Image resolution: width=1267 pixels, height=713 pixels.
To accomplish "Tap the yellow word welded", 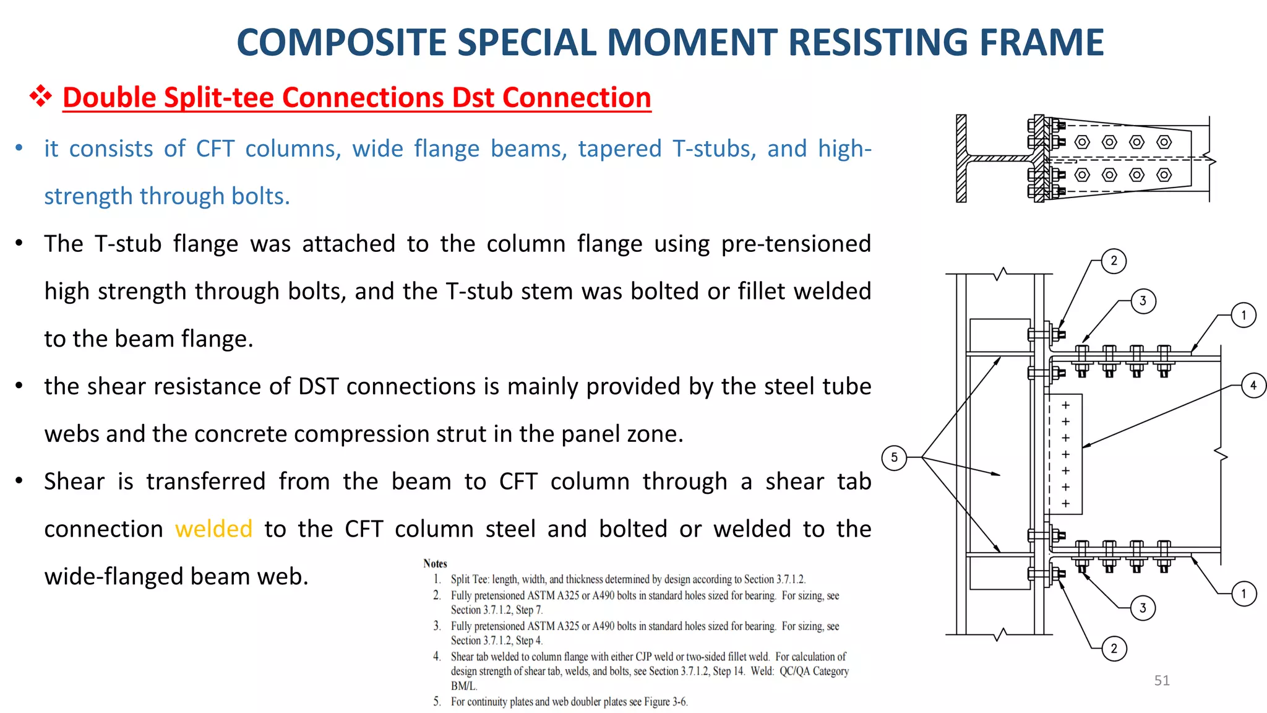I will tap(213, 529).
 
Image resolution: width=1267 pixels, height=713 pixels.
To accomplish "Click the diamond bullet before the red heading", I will tap(41, 97).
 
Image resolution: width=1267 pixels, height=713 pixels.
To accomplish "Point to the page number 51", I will tap(1162, 680).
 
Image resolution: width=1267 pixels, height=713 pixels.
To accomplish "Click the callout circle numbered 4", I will tap(1253, 386).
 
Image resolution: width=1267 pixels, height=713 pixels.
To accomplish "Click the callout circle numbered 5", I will tap(894, 457).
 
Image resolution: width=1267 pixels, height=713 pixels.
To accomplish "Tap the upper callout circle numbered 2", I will tap(1114, 261).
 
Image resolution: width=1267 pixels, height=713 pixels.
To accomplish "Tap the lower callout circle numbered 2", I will tap(1114, 648).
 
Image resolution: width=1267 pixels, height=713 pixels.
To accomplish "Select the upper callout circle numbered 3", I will tap(1143, 301).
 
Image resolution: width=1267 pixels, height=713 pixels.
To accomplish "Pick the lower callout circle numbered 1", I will tap(1243, 594).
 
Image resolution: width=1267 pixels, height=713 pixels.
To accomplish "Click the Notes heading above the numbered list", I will tap(435, 563).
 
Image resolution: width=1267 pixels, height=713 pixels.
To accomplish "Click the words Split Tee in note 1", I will tap(470, 579).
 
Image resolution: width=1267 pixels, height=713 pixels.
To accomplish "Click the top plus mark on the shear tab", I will tap(1065, 405).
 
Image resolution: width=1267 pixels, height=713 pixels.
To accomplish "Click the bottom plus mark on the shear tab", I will tap(1065, 503).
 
